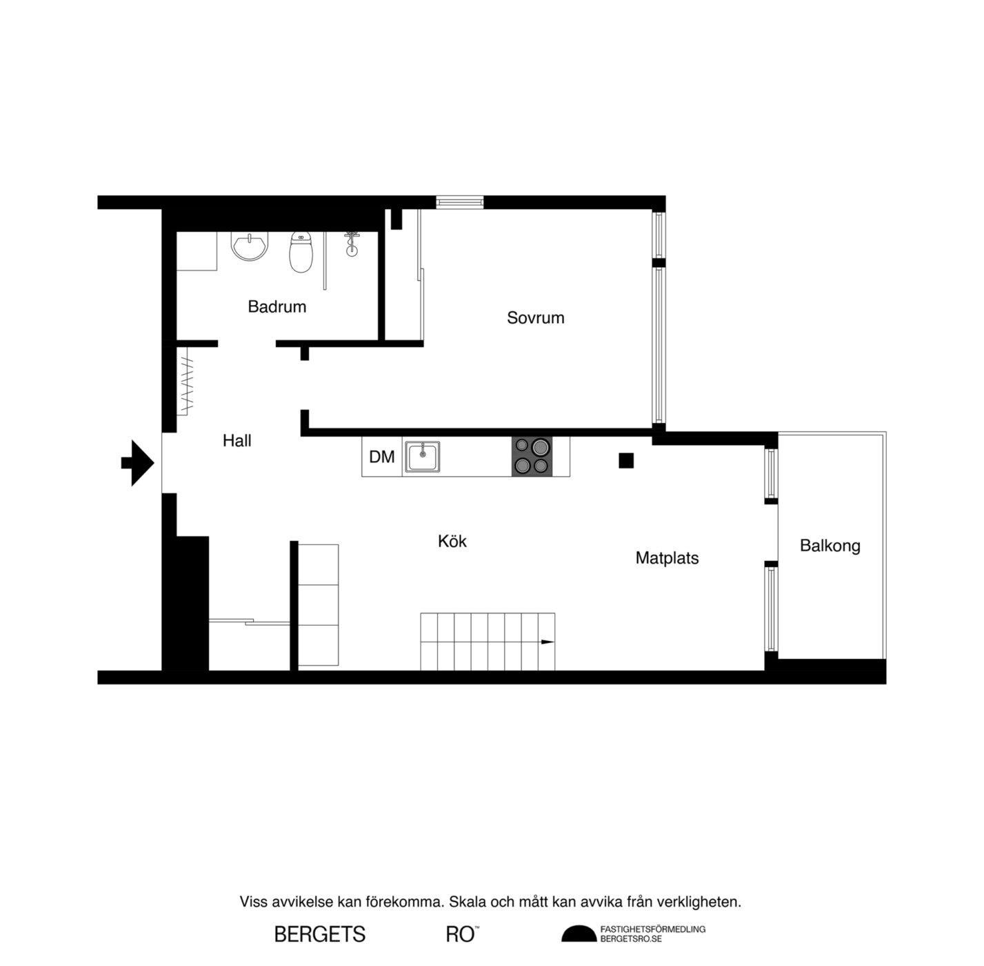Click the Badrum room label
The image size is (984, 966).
tap(277, 306)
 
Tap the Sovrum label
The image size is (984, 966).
tap(535, 318)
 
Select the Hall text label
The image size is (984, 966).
tap(237, 441)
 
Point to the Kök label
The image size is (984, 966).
tap(452, 541)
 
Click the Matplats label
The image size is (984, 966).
tap(667, 558)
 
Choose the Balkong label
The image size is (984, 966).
tap(830, 546)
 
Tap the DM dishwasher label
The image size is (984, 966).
tap(382, 456)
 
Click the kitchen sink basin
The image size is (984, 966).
tap(422, 456)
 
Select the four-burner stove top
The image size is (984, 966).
tap(532, 456)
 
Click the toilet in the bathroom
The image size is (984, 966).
tap(301, 252)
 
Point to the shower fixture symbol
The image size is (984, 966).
tap(351, 244)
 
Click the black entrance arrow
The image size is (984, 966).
tap(138, 462)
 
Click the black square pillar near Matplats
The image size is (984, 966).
tap(626, 460)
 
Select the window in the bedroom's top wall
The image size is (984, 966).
tap(459, 202)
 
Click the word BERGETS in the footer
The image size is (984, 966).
tap(320, 934)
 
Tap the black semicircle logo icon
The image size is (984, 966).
tap(579, 934)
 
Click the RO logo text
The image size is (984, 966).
tap(462, 934)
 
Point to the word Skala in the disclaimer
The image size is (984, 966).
tap(465, 902)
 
